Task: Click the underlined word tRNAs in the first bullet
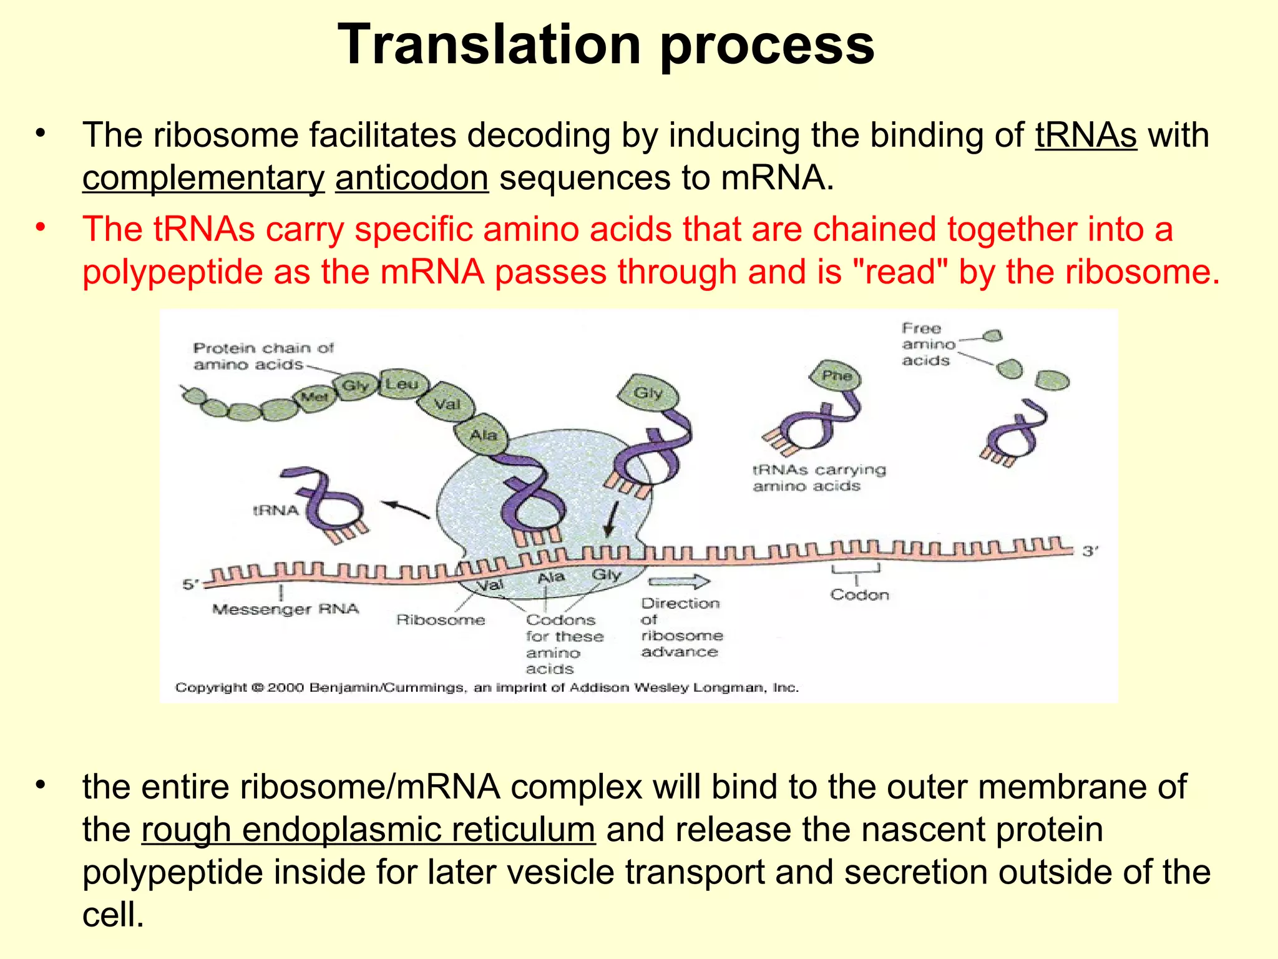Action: pos(1086,135)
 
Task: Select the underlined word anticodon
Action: pos(411,178)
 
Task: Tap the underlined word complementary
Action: pos(203,178)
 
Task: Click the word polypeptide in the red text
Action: pos(172,272)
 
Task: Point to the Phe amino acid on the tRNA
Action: pos(836,376)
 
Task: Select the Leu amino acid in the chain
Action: pos(401,384)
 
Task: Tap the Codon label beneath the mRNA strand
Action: pos(859,595)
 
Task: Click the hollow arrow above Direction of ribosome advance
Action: pos(678,582)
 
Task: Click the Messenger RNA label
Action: pos(285,609)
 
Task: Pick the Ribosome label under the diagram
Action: pos(441,620)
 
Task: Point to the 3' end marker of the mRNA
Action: pos(1089,551)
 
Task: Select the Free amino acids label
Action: pos(928,344)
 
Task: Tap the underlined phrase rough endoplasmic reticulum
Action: pos(368,830)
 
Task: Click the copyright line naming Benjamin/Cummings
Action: pos(487,687)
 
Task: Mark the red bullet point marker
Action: pos(41,228)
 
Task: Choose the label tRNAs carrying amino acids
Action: pos(818,478)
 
